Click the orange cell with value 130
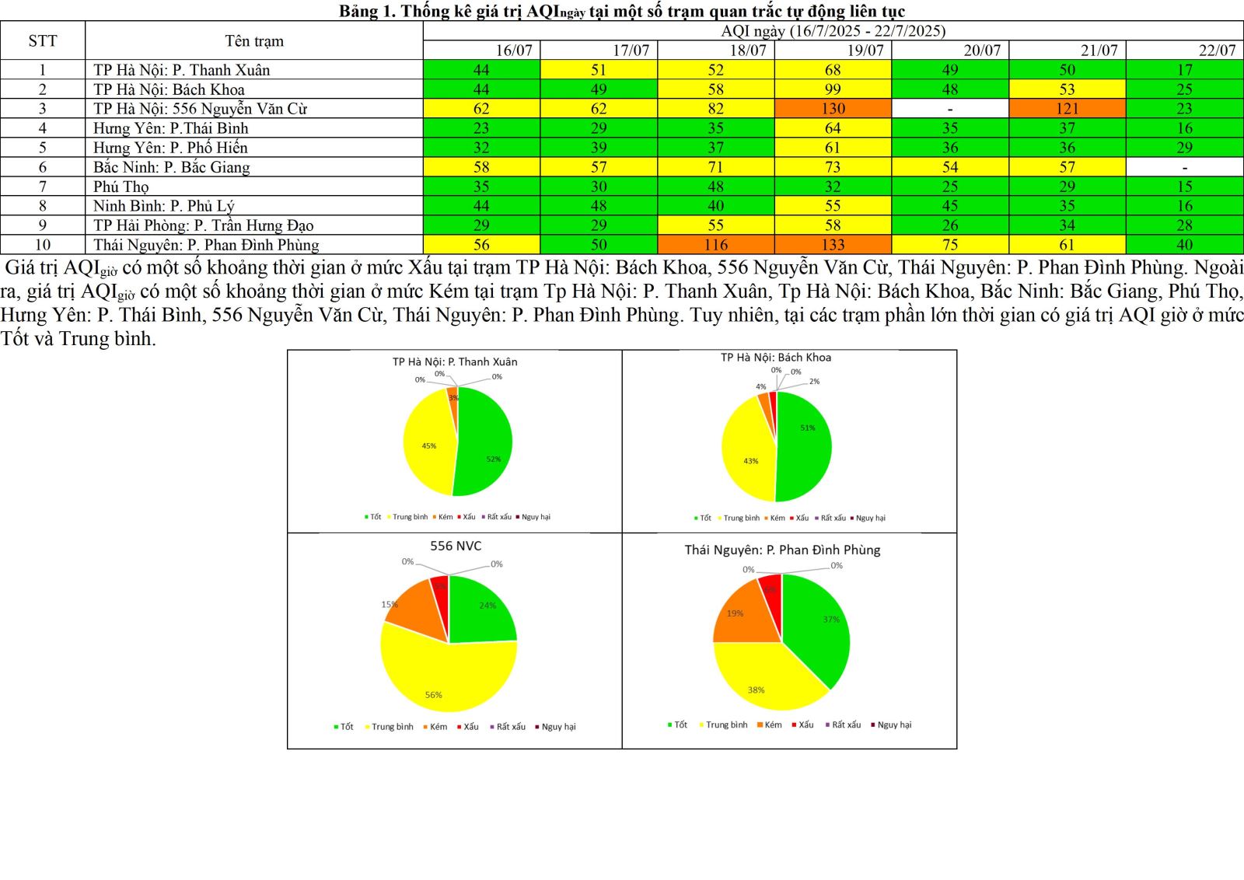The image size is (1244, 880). point(833,109)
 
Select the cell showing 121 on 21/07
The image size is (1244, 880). point(1067,109)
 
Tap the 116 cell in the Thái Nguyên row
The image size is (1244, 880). point(715,245)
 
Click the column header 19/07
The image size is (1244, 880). point(865,51)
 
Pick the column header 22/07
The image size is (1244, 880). point(1216,51)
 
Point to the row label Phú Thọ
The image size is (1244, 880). point(121,187)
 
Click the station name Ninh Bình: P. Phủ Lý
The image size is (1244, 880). point(163,206)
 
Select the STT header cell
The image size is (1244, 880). point(43,41)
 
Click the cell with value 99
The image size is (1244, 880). point(833,89)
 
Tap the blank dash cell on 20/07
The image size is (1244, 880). point(950,109)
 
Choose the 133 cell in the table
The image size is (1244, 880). point(833,245)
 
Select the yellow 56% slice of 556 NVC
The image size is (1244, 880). point(443,676)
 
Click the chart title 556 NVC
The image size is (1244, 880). point(456,546)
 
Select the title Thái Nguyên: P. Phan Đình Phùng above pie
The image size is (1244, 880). point(782,550)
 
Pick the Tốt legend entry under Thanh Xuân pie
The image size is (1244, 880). point(373,517)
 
